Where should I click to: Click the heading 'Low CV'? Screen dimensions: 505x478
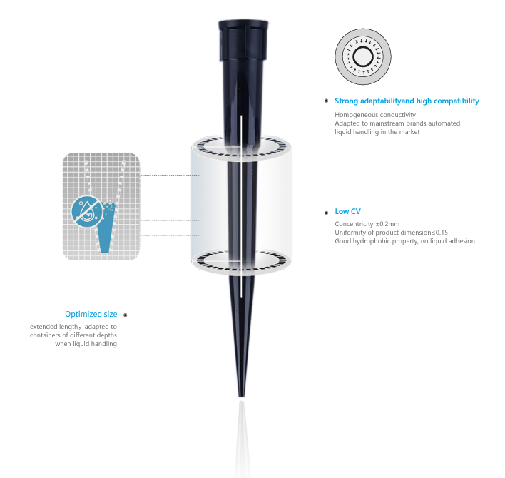coord(347,211)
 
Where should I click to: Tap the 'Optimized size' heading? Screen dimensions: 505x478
coord(91,314)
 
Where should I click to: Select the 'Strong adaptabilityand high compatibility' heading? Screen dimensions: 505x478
coord(407,101)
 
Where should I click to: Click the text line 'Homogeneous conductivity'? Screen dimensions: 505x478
coord(375,115)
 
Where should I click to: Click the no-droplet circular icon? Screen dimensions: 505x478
coord(87,211)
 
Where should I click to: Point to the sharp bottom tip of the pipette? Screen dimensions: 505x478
coord(241,397)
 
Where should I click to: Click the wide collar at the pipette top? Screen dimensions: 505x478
coord(243,40)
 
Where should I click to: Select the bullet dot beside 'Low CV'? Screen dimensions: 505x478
coord(327,213)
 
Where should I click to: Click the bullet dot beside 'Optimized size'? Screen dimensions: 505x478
coord(126,315)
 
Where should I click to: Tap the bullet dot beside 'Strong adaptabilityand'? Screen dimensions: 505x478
coord(327,101)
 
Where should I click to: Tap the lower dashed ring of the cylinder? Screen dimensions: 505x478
coord(242,260)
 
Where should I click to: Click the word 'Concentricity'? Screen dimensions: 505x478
coord(354,224)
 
